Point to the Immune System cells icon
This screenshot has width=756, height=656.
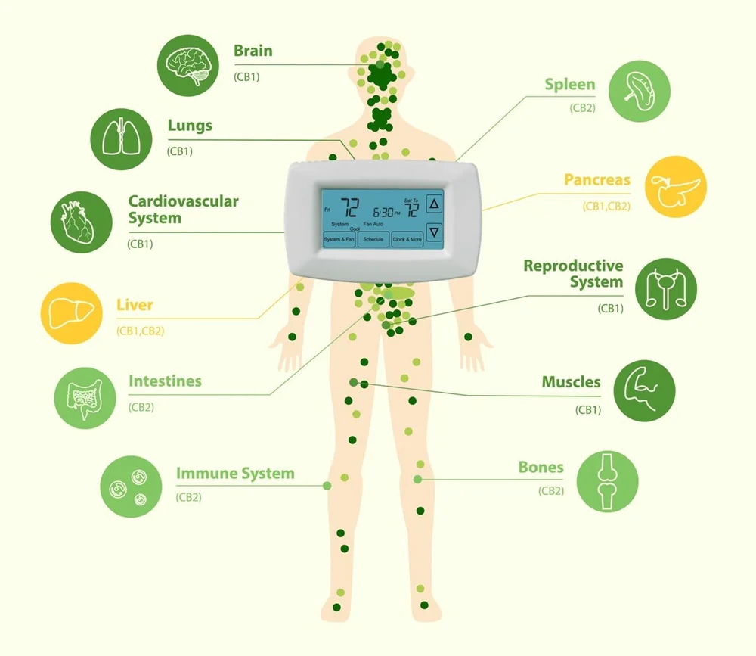tap(131, 487)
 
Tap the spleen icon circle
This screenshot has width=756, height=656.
tap(639, 92)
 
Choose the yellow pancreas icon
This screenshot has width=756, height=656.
tap(676, 188)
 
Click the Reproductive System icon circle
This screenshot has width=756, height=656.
tap(666, 288)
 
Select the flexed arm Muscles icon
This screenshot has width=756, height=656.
tap(644, 390)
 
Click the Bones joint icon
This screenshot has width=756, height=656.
tap(608, 483)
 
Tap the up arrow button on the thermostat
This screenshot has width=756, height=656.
tap(433, 204)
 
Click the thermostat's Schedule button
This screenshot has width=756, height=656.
tap(373, 239)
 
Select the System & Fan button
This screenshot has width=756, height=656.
tap(339, 239)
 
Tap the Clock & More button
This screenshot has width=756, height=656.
tap(407, 239)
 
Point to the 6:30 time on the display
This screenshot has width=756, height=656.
tap(385, 211)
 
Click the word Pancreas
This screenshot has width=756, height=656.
tap(596, 181)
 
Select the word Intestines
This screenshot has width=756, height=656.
tap(165, 381)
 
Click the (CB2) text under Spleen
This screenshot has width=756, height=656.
tap(582, 108)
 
